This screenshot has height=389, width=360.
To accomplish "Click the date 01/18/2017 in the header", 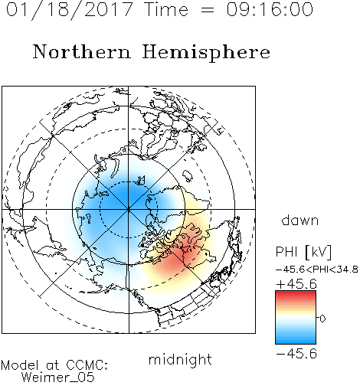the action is click(x=70, y=10).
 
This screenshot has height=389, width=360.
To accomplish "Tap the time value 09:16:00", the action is click(x=270, y=10).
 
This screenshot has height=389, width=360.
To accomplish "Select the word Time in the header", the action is click(x=166, y=10).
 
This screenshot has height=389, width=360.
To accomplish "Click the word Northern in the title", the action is click(x=82, y=52).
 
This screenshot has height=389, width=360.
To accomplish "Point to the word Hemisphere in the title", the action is click(x=206, y=53).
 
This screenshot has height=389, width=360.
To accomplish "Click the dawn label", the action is click(x=300, y=221).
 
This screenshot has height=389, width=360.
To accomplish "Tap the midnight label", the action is click(x=180, y=360).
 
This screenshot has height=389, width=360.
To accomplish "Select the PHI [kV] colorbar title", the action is click(x=303, y=252).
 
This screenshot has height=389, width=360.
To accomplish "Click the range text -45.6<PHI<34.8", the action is click(x=316, y=270).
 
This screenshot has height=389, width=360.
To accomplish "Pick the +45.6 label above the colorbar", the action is click(x=296, y=284).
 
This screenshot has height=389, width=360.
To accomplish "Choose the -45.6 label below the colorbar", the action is click(x=296, y=354).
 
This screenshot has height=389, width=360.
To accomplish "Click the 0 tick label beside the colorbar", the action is click(x=322, y=319).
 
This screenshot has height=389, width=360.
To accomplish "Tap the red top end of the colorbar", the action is click(x=296, y=293).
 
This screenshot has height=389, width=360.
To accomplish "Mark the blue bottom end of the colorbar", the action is click(x=296, y=342).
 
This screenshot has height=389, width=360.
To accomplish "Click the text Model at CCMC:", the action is click(x=54, y=365).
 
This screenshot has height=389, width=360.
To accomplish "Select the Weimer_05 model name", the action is click(x=57, y=378).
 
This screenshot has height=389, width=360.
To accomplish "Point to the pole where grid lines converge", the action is click(x=129, y=209).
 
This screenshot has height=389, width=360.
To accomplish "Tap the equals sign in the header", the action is click(x=208, y=10).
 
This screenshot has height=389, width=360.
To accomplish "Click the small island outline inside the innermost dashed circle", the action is click(x=141, y=180).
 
